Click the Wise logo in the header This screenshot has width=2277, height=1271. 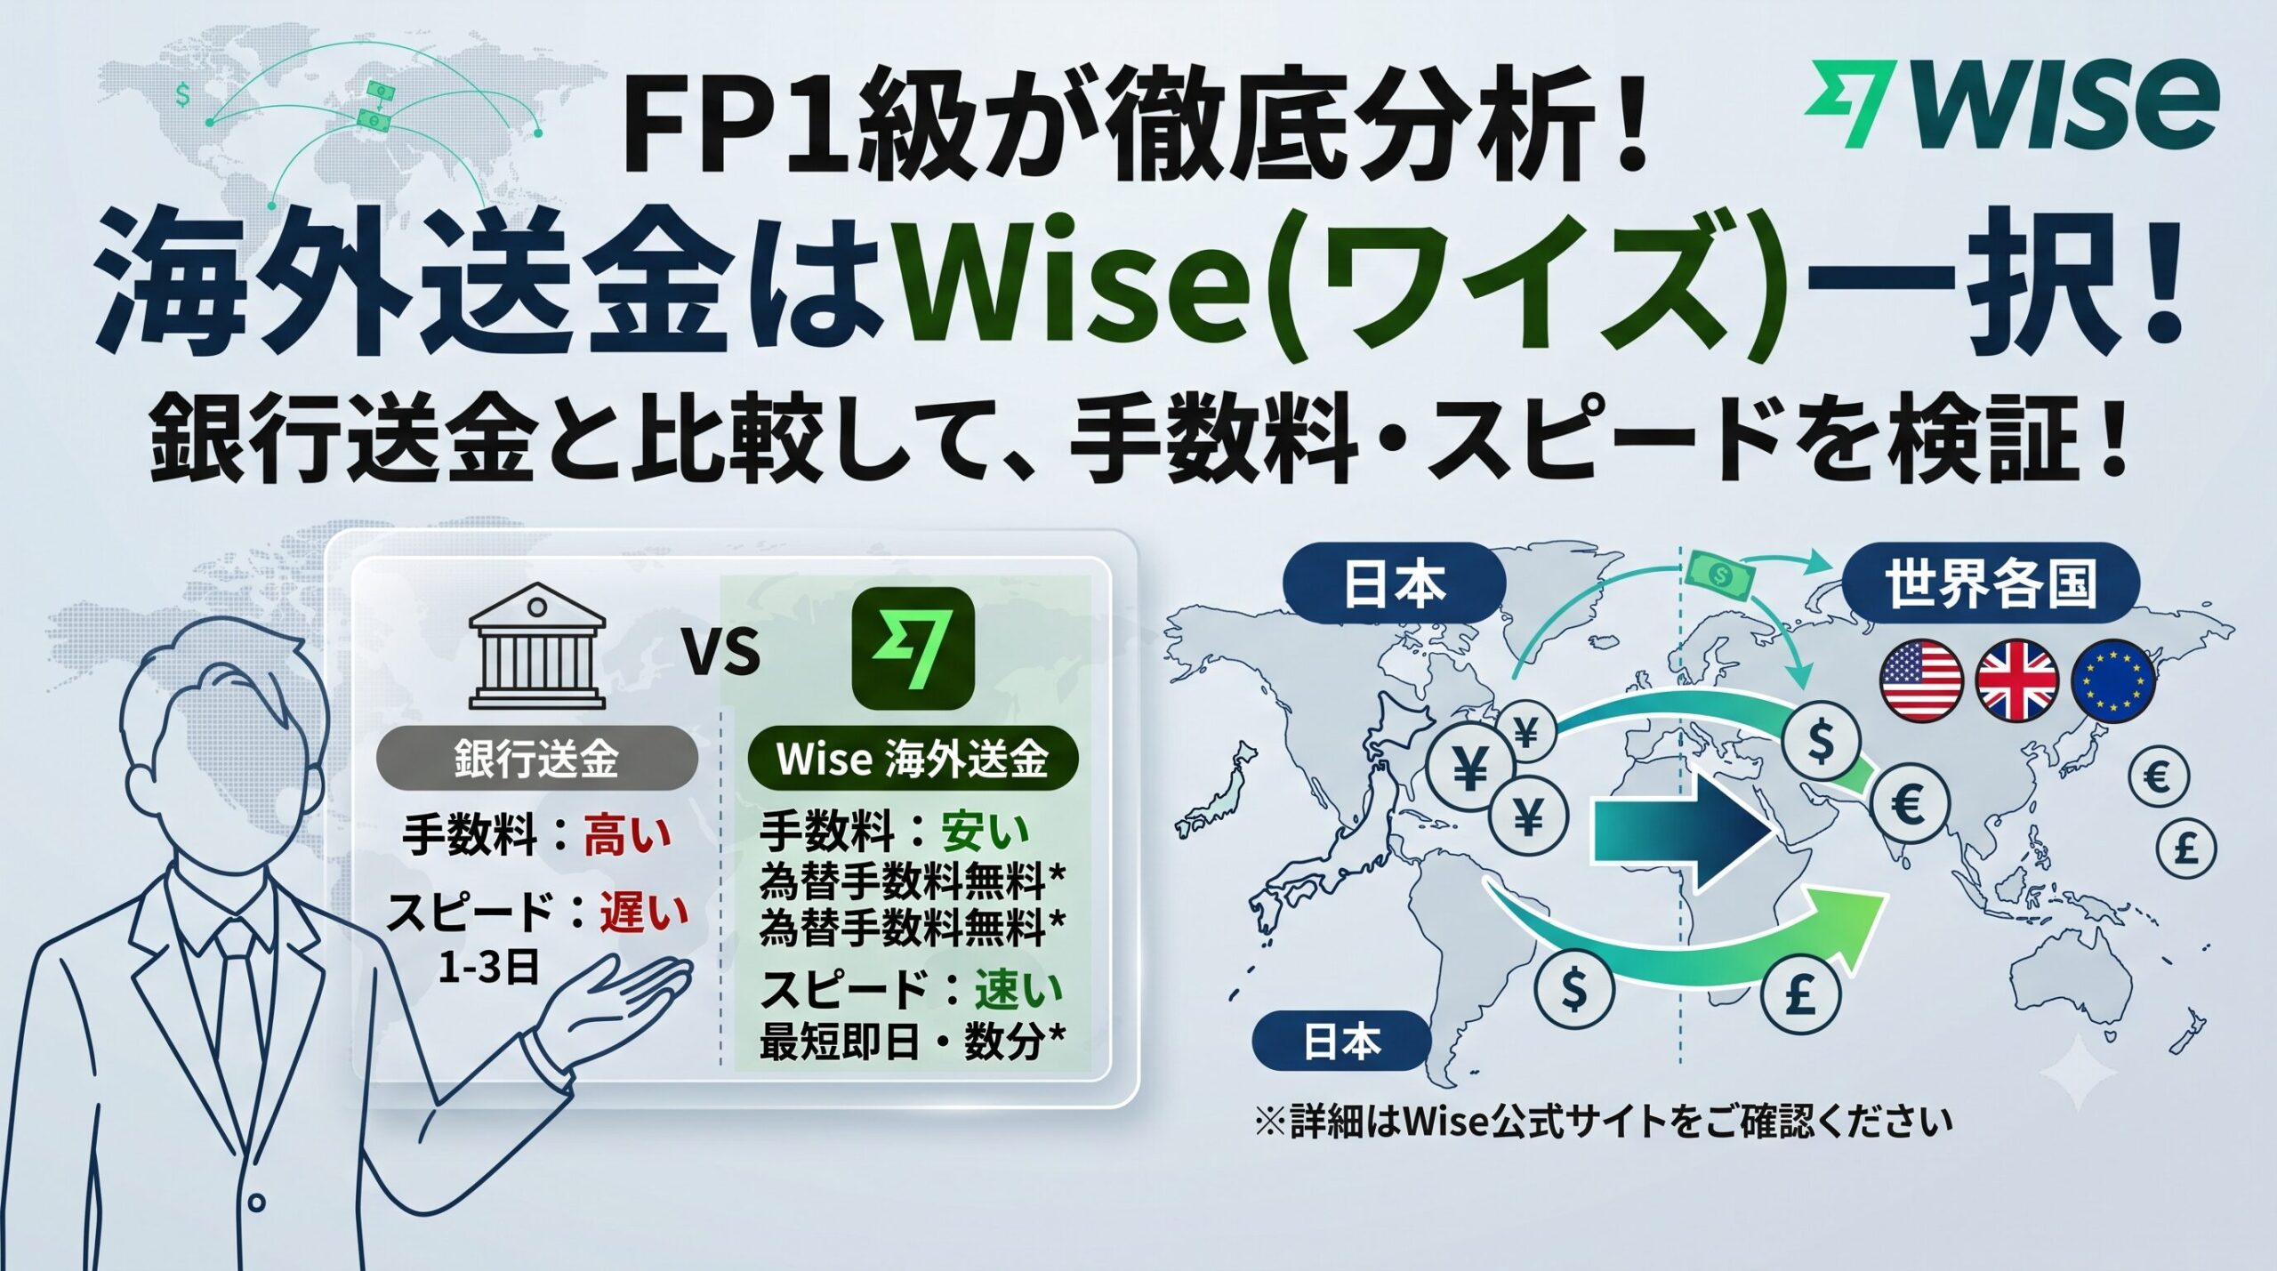pos(2011,105)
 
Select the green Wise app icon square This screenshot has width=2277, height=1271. pos(913,648)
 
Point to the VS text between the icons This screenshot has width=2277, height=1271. pos(721,652)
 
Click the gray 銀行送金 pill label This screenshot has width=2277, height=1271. pos(536,759)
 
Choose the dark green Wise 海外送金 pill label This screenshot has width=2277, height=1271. pos(913,759)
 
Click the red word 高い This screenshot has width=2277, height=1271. pos(628,836)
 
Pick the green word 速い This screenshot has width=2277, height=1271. pos(1018,989)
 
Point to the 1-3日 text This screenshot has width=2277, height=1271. pos(489,967)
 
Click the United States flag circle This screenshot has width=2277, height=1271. pos(1921,681)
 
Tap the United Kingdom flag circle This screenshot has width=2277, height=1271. pos(2016,681)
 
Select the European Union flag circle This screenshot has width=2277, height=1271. pos(2113,681)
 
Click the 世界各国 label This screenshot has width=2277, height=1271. pos(1990,583)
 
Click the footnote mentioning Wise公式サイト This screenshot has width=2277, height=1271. pos(1603,1122)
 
